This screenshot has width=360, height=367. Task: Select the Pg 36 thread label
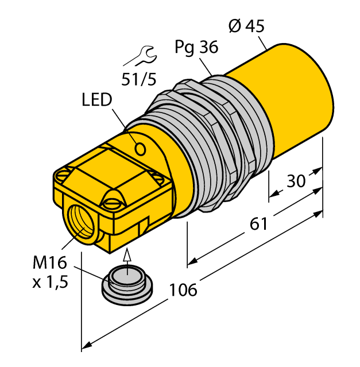196,48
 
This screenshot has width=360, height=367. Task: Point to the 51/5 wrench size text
138,79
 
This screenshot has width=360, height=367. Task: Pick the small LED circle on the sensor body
140,149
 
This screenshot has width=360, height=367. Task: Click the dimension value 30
296,181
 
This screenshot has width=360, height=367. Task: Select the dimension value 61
259,223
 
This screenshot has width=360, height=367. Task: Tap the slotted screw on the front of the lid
112,201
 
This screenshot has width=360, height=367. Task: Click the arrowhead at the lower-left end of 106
87,345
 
